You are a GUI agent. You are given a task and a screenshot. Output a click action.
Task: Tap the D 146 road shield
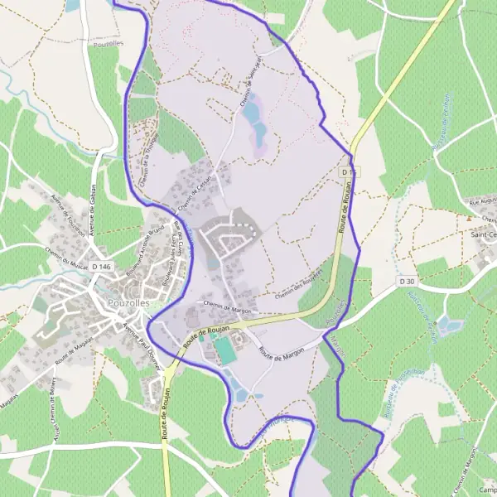pos(101,266)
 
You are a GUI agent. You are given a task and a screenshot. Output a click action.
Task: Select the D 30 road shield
pos(406,282)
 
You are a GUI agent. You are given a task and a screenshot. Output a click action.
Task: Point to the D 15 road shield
pos(350,171)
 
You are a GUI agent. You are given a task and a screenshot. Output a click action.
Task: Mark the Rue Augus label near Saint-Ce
pos(483,201)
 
